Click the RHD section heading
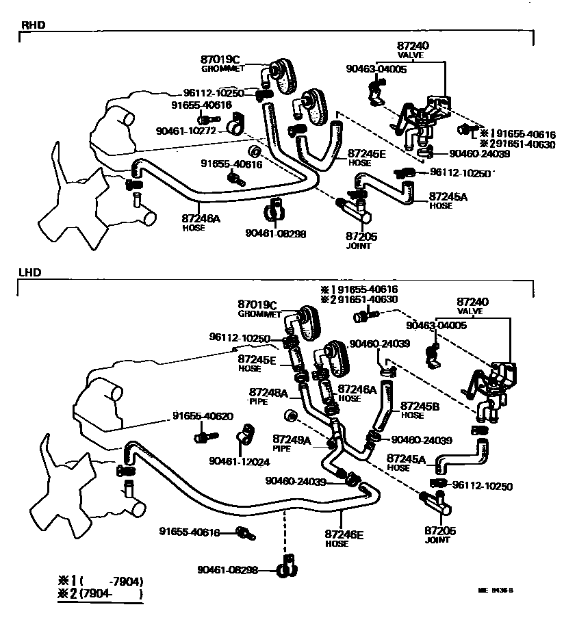32,27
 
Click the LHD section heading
31,272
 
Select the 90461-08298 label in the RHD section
275,233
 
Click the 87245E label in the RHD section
367,153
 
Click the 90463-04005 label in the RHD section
376,70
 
